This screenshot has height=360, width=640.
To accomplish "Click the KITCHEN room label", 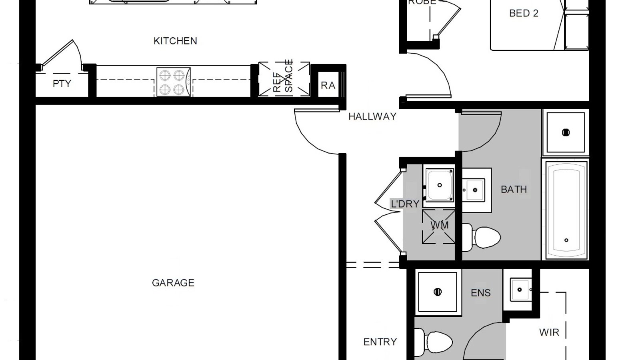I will pyautogui.click(x=175, y=41).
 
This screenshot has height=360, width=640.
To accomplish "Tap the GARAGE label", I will pyautogui.click(x=173, y=283).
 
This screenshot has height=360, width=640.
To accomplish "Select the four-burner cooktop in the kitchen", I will pyautogui.click(x=173, y=82).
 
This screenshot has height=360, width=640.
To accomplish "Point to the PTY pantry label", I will pyautogui.click(x=62, y=84).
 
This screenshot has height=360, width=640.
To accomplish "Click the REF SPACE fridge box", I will pyautogui.click(x=284, y=79).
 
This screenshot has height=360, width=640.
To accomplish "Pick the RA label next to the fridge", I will pyautogui.click(x=328, y=85).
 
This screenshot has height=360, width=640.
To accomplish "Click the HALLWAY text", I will pyautogui.click(x=372, y=116).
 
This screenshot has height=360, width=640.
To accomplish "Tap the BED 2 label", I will pyautogui.click(x=524, y=13).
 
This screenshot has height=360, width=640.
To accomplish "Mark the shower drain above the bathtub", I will pyautogui.click(x=566, y=132).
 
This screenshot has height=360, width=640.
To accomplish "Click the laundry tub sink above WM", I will pyautogui.click(x=439, y=185).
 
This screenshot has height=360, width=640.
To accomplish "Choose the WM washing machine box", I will pyautogui.click(x=439, y=226).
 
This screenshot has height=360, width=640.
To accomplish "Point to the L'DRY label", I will pyautogui.click(x=405, y=204).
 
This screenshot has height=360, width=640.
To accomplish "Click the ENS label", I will pyautogui.click(x=480, y=293).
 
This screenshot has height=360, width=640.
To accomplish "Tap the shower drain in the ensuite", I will pyautogui.click(x=437, y=292).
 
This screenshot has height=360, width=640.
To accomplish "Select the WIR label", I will pyautogui.click(x=549, y=332).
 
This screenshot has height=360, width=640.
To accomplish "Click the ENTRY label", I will pyautogui.click(x=380, y=342).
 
